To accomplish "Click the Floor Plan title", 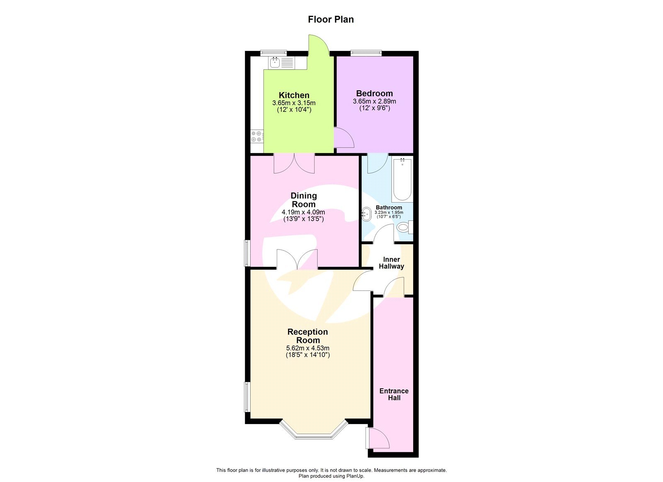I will (x=331, y=19).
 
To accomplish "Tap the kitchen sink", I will (x=275, y=63).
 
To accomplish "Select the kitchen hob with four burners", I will (x=256, y=136).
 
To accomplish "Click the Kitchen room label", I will (x=294, y=95).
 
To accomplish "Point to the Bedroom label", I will (x=374, y=93).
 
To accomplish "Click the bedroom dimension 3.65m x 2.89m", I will (x=374, y=101).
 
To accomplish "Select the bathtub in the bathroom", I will (x=402, y=179).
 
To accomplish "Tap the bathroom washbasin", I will (x=367, y=214).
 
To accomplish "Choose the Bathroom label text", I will (x=389, y=207).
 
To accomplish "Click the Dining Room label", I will (x=303, y=200).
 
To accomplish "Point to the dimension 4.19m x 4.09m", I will (x=303, y=212).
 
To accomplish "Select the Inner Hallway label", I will (x=391, y=263).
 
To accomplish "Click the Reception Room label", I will (x=307, y=336).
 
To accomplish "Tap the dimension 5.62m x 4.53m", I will (x=307, y=348).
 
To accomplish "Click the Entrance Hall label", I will (x=394, y=394).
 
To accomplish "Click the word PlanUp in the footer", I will (x=355, y=476).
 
